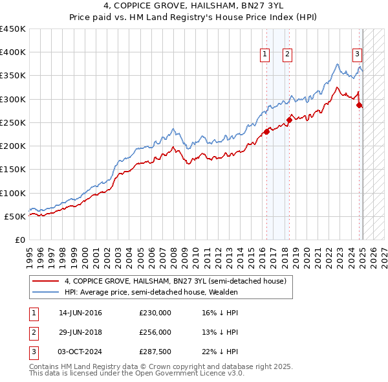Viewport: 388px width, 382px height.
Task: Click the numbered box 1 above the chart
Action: tap(265, 55)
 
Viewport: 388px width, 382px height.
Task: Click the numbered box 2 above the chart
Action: tap(286, 55)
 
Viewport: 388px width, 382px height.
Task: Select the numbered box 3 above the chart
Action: tap(356, 55)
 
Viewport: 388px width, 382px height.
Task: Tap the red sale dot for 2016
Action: tap(266, 132)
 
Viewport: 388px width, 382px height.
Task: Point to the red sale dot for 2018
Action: tap(289, 120)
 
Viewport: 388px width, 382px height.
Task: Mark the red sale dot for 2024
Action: tap(360, 106)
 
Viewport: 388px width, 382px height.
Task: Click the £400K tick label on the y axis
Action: tap(12, 52)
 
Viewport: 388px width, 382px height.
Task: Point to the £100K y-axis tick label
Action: tap(12, 193)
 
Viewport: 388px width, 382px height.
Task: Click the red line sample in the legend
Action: tap(45, 281)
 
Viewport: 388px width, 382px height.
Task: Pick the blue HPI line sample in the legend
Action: tap(45, 292)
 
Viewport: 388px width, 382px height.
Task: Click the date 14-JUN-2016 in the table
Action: tap(80, 313)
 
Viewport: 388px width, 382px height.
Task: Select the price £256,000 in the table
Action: tap(155, 332)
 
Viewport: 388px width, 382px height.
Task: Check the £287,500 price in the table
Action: tap(155, 352)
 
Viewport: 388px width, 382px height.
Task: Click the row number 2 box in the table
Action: tap(34, 332)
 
